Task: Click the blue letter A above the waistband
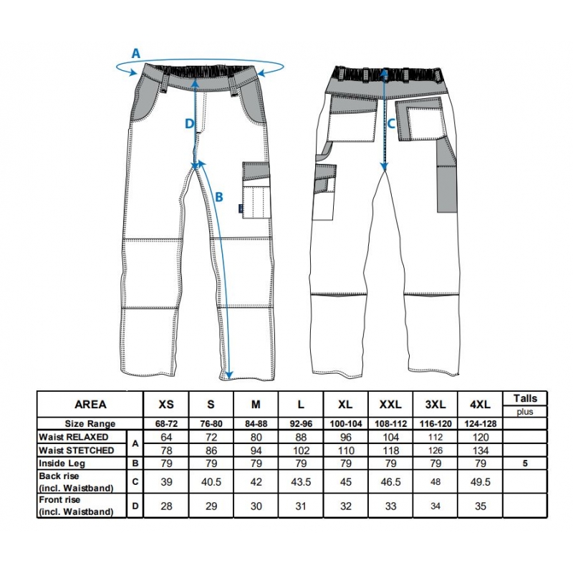click(135, 54)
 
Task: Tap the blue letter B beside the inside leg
click(219, 198)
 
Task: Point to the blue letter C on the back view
click(391, 124)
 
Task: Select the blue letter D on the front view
click(189, 124)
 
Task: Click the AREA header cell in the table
click(90, 405)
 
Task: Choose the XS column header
click(166, 405)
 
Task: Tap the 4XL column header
click(480, 405)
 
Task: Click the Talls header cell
click(525, 398)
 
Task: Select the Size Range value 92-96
click(301, 424)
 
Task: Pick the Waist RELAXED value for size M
click(256, 437)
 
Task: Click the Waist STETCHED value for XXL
click(390, 451)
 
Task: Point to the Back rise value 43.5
click(301, 481)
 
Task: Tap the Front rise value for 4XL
click(480, 506)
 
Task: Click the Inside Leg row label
click(62, 463)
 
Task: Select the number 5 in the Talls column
click(525, 463)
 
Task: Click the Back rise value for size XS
click(166, 481)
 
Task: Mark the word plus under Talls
click(525, 412)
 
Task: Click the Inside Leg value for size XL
click(346, 463)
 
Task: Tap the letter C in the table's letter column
click(135, 481)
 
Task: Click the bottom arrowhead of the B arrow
click(228, 375)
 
